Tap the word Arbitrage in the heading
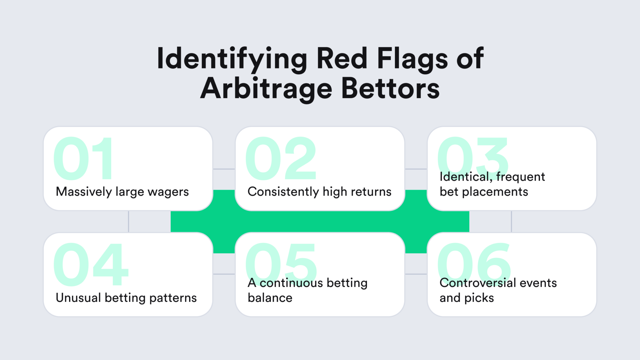pyautogui.click(x=266, y=89)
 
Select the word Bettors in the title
pyautogui.click(x=390, y=89)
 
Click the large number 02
pyautogui.click(x=281, y=159)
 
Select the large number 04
pyautogui.click(x=91, y=264)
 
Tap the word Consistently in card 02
pyautogui.click(x=283, y=192)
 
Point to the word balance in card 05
pyautogui.click(x=270, y=298)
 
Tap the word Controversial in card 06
pyautogui.click(x=477, y=283)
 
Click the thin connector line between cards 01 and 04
pyautogui.click(x=128, y=222)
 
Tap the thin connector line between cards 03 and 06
pyautogui.click(x=511, y=222)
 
